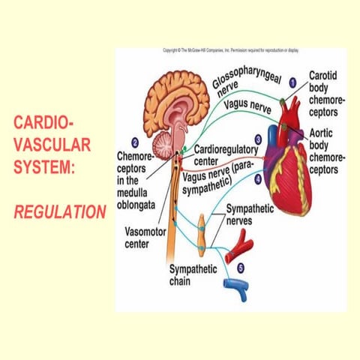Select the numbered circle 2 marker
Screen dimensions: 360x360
[x=134, y=142]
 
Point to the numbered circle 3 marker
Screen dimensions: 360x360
[x=258, y=139]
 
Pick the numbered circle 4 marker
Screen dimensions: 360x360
[x=258, y=178]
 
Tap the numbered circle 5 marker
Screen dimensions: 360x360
[x=241, y=266]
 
